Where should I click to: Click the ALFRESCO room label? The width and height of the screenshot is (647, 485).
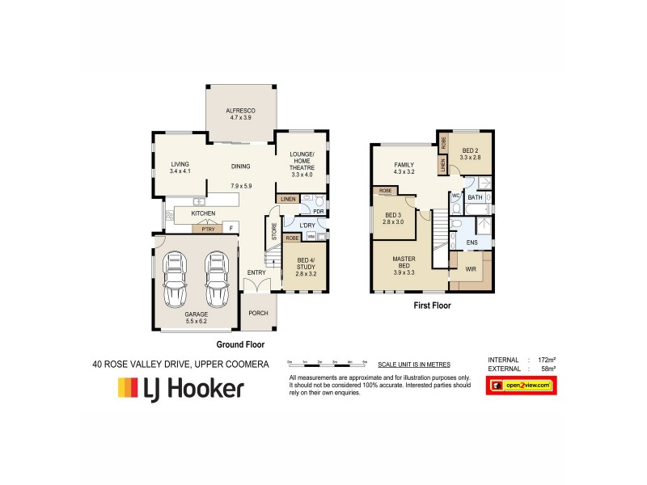[241, 113]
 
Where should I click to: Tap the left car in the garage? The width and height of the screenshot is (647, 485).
[175, 278]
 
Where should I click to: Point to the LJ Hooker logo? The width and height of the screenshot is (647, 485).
[181, 389]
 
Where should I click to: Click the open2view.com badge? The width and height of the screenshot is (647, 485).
[522, 386]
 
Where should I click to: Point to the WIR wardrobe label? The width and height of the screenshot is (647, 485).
[471, 269]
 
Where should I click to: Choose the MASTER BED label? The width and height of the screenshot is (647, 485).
[404, 266]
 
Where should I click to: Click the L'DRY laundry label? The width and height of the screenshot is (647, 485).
[307, 225]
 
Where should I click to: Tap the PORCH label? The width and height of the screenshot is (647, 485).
[258, 313]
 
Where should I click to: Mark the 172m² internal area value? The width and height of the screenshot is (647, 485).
[548, 359]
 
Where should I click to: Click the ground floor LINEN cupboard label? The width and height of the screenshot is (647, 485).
[288, 198]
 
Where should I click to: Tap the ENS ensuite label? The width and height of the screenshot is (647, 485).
[472, 241]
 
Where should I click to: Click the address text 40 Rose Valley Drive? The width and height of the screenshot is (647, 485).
[180, 365]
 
